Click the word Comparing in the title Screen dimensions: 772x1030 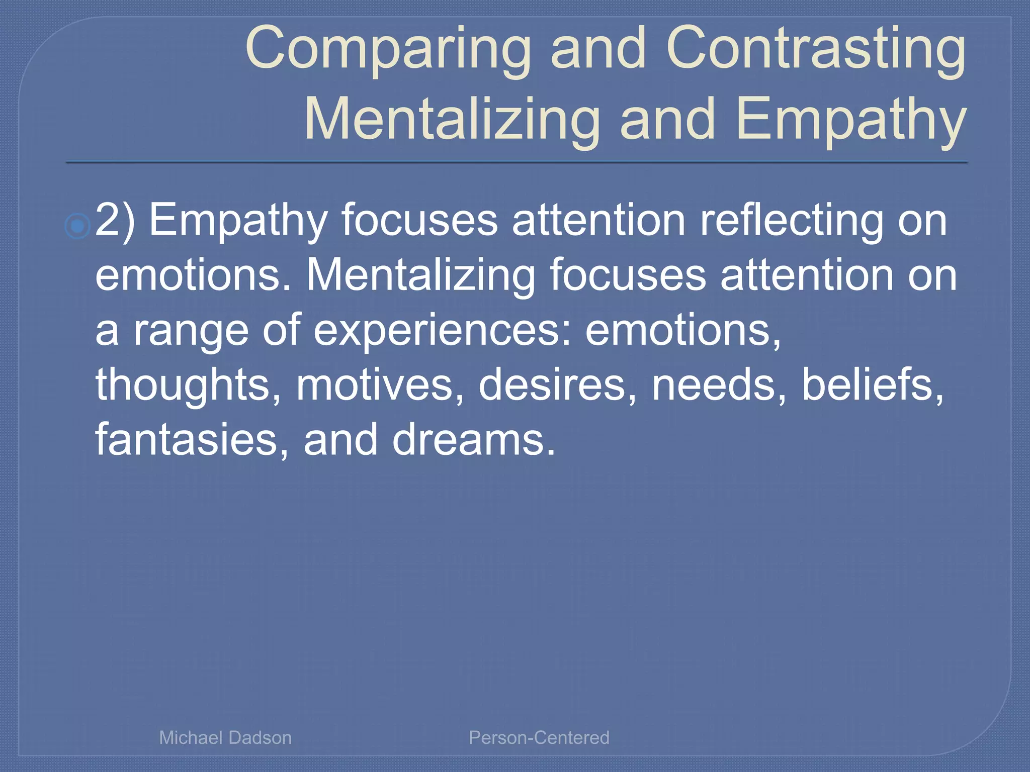point(388,49)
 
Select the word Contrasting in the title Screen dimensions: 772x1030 point(815,49)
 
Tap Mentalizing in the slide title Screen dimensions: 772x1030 point(452,120)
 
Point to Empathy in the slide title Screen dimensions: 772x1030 point(850,120)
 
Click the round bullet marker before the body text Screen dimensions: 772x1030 point(77,226)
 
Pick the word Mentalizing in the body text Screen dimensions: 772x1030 point(420,275)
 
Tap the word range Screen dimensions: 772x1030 point(191,331)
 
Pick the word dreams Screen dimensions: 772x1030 point(473,439)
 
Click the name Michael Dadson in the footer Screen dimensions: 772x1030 point(225,737)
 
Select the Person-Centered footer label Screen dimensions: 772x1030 point(539,737)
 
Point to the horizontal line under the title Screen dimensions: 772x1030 point(517,162)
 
